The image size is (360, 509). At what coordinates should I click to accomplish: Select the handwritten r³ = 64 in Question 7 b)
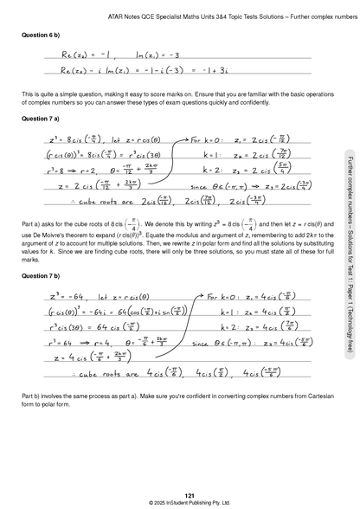click(54, 344)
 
